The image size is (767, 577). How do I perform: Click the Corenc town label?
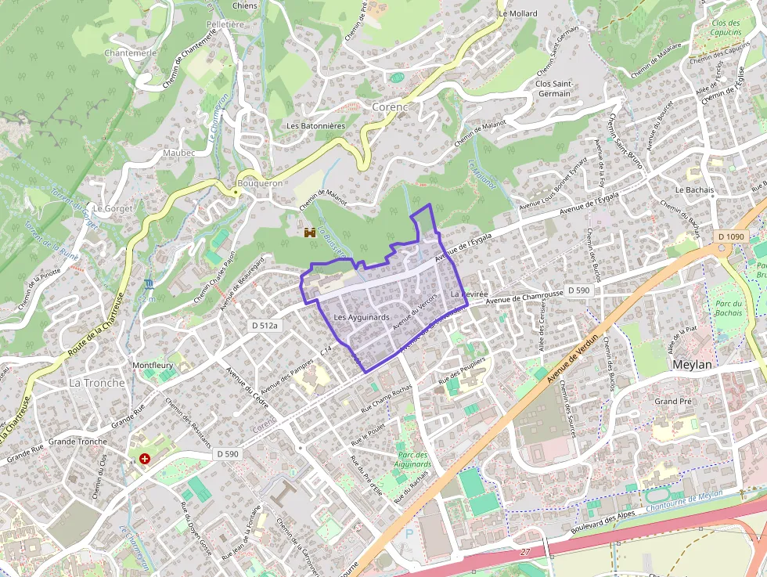tap(390, 106)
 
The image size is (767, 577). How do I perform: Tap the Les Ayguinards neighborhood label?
tap(361, 317)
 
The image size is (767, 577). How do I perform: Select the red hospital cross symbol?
tap(145, 459)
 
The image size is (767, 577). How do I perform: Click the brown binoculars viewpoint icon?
tap(310, 233)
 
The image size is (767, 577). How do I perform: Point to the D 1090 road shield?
tap(730, 236)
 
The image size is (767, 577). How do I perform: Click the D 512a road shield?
tap(265, 325)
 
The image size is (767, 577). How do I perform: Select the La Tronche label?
tap(97, 383)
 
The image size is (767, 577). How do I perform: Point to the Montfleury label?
tap(152, 366)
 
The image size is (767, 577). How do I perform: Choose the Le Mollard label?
tap(518, 14)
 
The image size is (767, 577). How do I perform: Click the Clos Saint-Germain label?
tap(554, 88)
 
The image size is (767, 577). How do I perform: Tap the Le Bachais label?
tap(694, 189)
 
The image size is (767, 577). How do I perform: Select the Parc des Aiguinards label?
tap(413, 460)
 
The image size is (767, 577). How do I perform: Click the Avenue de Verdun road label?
tap(575, 359)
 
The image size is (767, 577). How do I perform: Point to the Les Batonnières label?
tap(315, 125)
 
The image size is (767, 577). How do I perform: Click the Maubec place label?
tap(179, 153)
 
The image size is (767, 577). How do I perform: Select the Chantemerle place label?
tap(131, 53)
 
